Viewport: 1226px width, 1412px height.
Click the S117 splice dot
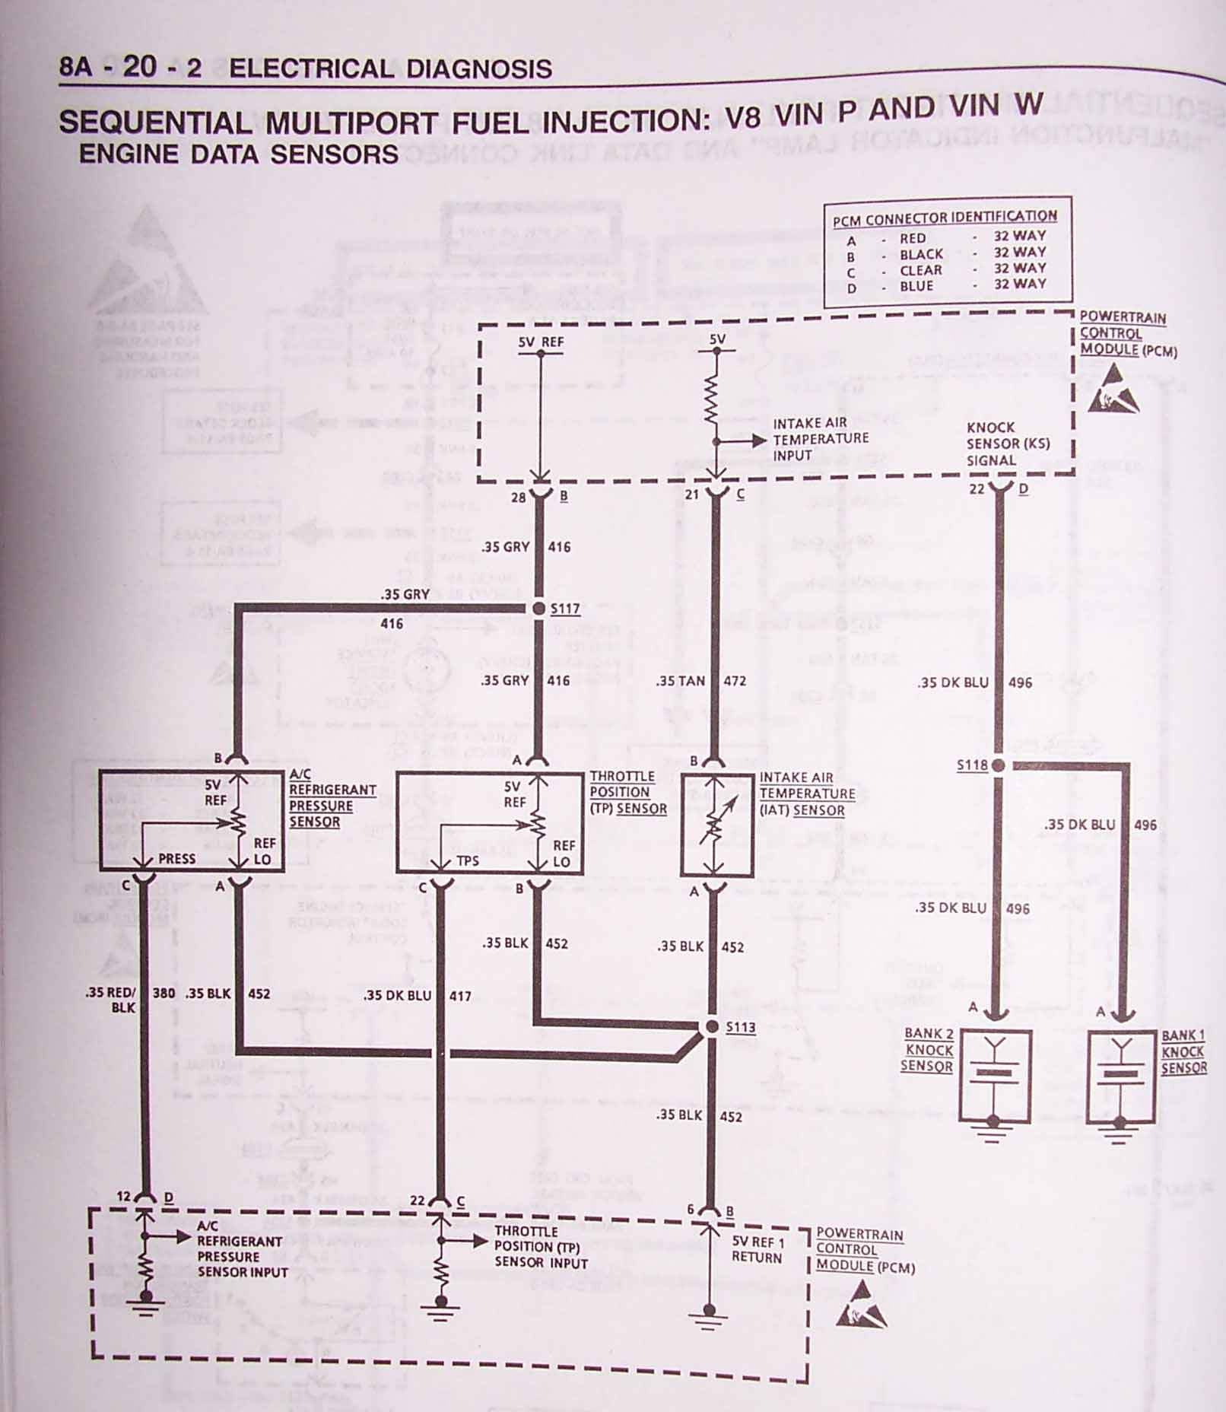pos(538,609)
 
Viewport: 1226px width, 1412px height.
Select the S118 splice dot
pos(999,765)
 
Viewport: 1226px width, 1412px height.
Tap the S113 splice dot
pos(712,1027)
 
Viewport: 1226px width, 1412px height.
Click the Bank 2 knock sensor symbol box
pos(995,1076)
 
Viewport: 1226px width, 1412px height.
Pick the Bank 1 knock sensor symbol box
pos(1121,1076)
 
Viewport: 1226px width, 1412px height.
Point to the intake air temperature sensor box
pos(716,826)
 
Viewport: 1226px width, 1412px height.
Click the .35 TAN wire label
pos(681,681)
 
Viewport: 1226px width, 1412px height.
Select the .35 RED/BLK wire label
pos(111,1000)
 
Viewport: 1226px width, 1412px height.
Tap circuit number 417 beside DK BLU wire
pos(460,996)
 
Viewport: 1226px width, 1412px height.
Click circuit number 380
pos(164,993)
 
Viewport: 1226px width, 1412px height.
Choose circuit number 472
pos(735,681)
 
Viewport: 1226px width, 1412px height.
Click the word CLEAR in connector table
pos(921,271)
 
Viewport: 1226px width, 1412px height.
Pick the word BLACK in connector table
pos(921,254)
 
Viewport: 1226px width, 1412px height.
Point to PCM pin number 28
pos(518,498)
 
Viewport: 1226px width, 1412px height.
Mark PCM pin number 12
pos(124,1197)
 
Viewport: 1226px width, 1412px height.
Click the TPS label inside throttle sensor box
pos(468,861)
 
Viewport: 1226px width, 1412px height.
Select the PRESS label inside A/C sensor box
pos(176,859)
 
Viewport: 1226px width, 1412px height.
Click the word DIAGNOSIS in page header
pos(479,69)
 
